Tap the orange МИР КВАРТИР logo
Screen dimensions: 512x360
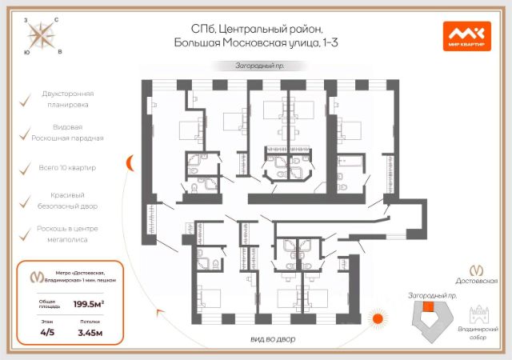(x=466, y=35)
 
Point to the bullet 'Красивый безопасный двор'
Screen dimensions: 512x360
(x=66, y=200)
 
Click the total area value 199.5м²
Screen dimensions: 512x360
(x=90, y=304)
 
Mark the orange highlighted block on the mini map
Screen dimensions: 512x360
(x=429, y=306)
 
